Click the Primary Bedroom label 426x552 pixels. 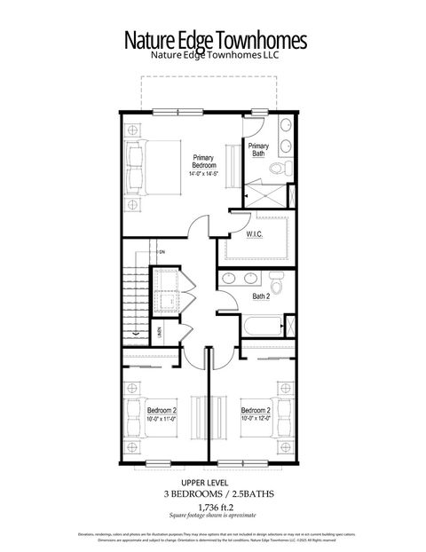(203, 162)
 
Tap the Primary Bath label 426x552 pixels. (258, 150)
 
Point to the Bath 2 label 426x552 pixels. (260, 296)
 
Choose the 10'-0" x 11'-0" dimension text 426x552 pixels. (162, 419)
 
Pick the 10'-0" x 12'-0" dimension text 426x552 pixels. (256, 419)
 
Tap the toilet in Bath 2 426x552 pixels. (277, 287)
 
